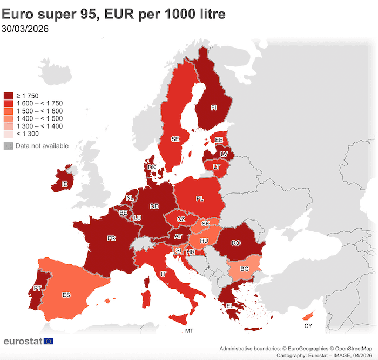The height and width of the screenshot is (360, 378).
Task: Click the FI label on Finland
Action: click(214, 108)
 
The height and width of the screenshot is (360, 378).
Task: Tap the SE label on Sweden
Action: click(175, 139)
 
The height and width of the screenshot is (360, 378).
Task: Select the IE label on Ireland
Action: click(65, 184)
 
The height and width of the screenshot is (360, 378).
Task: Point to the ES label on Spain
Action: click(66, 295)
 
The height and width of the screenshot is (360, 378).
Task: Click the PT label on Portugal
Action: click(37, 289)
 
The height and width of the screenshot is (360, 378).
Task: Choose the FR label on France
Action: click(111, 238)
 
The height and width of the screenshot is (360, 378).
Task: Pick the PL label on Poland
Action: click(200, 199)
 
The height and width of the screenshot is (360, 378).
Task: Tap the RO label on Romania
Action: click(235, 243)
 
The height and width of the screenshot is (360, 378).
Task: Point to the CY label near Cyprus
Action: click(308, 326)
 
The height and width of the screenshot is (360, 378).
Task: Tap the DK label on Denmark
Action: click(152, 168)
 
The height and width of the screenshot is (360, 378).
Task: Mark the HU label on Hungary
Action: click(204, 241)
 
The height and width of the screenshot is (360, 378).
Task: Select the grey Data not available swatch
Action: click(8, 146)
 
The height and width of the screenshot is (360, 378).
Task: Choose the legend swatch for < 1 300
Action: click(8, 134)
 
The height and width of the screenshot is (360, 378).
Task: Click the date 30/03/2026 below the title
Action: click(26, 30)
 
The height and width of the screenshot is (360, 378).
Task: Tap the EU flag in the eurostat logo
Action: click(49, 341)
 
